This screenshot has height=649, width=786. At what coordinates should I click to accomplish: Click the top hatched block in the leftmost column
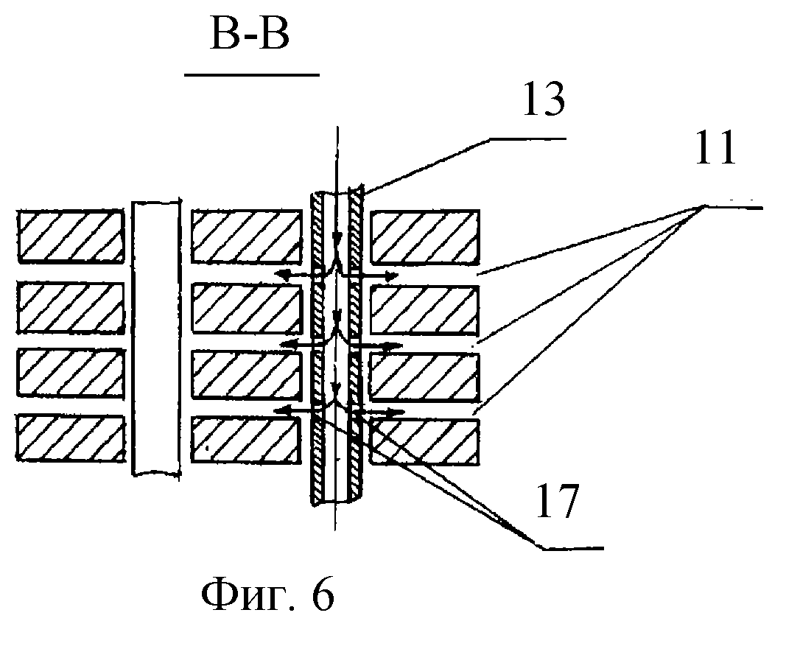point(70,236)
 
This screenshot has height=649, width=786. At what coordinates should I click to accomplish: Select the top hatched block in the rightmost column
point(425,236)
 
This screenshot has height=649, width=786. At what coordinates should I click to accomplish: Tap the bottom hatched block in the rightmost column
point(425,442)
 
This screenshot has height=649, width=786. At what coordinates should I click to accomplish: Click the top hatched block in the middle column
point(246,236)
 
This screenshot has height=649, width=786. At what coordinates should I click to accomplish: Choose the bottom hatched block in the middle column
point(246,441)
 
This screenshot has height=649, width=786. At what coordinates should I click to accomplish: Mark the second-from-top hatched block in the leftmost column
point(70,306)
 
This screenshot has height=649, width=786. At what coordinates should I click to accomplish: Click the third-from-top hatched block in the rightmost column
point(425,376)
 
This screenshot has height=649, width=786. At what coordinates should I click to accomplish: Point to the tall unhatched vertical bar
point(155,336)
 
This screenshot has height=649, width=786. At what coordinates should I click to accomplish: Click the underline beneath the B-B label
point(251,75)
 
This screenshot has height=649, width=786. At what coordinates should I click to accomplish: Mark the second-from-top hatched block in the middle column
point(246,306)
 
